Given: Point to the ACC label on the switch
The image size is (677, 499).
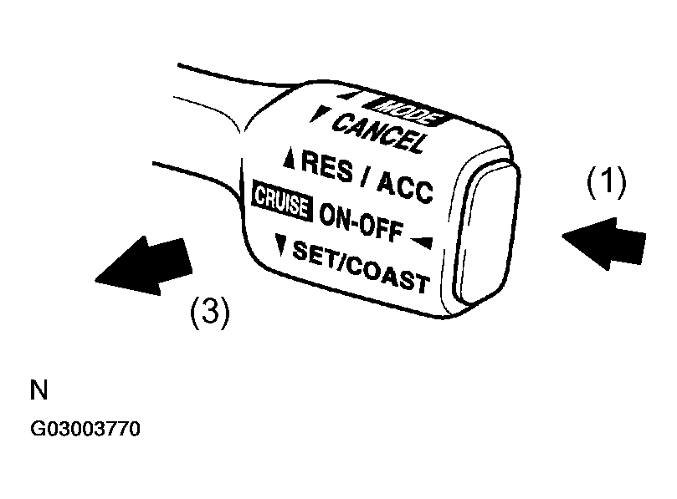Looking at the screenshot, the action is coord(405,186).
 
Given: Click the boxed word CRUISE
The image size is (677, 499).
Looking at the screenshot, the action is coord(282,201).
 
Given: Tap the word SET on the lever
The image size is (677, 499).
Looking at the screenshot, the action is coord(314,253).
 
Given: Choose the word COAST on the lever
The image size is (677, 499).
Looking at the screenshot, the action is coord(387,275).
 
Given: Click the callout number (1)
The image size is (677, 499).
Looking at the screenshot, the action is coord(606,182).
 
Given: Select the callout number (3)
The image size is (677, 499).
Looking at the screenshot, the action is coord(210,312).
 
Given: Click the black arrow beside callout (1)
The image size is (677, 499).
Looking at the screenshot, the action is coord(604,244).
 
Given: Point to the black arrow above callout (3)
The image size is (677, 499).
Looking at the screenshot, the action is coord(144,265).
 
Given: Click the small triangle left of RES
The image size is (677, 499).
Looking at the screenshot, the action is coord(290,158).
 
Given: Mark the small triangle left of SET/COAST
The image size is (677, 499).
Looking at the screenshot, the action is coord(281,245).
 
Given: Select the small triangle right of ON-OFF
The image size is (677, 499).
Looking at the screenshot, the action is coord(422,242).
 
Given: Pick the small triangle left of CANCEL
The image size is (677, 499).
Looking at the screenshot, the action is coord(320,114).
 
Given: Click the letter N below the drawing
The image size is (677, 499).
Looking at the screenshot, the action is coord(38,390).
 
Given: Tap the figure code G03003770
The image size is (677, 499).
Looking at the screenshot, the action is coord(85,429).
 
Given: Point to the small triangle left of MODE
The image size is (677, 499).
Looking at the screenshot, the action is coord(348,95).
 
